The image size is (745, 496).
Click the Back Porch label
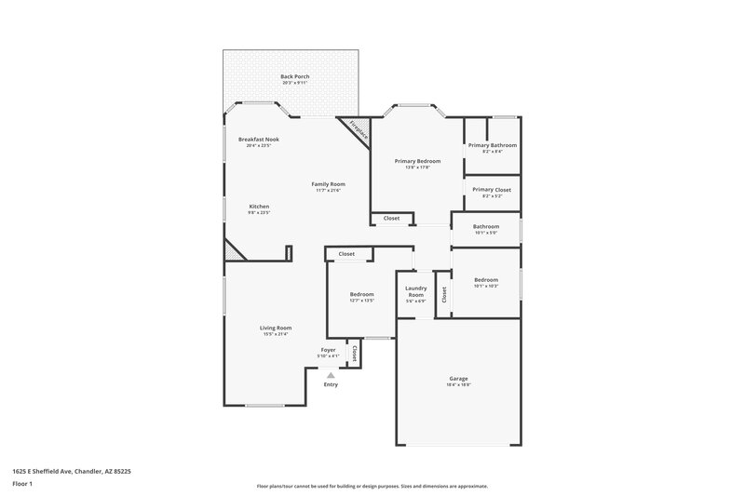pyautogui.click(x=294, y=75)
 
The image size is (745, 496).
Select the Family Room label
pyautogui.click(x=328, y=184)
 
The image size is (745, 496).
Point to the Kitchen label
pyautogui.click(x=259, y=206)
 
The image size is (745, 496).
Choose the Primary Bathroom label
pyautogui.click(x=492, y=145)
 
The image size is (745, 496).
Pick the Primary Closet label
pyautogui.click(x=492, y=190)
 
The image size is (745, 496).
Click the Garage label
pyautogui.click(x=458, y=378)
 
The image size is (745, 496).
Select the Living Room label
pyautogui.click(x=276, y=327)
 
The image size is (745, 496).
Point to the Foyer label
pyautogui.click(x=328, y=350)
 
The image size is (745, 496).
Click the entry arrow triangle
pyautogui.click(x=331, y=374)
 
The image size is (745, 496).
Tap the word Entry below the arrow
pyautogui.click(x=331, y=384)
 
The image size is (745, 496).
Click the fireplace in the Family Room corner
pyautogui.click(x=359, y=131)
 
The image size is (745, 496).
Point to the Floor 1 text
pyautogui.click(x=22, y=485)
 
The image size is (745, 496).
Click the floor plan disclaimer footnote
pyautogui.click(x=372, y=486)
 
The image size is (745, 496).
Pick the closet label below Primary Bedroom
pyautogui.click(x=392, y=219)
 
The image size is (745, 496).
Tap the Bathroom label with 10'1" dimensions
pyautogui.click(x=486, y=226)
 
